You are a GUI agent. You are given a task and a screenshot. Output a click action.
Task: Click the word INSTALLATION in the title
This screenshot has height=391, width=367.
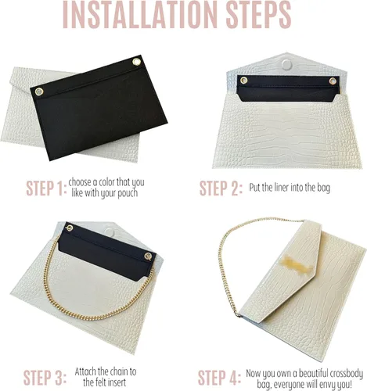140,14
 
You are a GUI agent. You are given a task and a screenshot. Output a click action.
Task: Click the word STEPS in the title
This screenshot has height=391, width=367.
258,14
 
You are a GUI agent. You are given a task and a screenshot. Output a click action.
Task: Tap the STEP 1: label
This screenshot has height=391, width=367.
45,188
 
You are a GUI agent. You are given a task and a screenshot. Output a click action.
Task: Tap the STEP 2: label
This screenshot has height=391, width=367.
221,188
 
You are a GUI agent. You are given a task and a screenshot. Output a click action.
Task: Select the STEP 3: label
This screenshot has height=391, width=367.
45,377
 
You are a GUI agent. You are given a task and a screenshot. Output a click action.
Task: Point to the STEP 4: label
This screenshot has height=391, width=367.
219,377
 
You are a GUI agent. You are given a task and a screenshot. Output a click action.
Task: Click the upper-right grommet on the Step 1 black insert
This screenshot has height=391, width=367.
136,62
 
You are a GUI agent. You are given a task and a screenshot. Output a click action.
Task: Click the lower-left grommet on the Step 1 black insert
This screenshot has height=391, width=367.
39,91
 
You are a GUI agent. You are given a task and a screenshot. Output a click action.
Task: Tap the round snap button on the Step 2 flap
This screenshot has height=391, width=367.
286,64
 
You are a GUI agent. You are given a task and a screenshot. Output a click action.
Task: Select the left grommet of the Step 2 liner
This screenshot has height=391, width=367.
244,81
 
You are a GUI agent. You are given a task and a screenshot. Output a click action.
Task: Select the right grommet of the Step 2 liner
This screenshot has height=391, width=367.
333,81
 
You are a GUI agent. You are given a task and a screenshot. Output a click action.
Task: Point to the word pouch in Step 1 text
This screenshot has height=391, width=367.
127,193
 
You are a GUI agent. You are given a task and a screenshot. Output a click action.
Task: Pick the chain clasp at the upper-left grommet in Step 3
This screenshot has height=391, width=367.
70,228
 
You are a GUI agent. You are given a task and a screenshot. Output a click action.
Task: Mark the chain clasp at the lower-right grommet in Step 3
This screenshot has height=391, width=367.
148,256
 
